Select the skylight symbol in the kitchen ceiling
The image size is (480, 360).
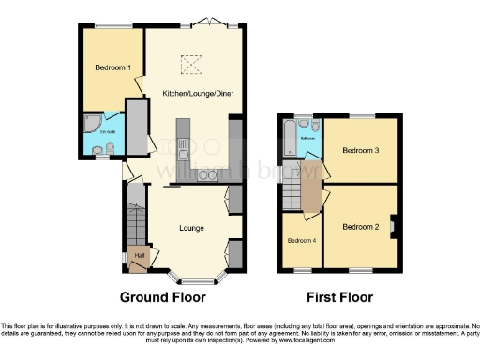coord(193,64)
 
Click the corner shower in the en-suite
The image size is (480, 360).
coord(92,127)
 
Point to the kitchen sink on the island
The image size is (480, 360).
coord(185,146)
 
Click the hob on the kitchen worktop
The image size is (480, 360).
coord(207,173)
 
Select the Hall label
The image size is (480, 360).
coord(140,254)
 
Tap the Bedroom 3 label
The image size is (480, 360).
coord(360,150)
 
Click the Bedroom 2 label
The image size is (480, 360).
coord(360,226)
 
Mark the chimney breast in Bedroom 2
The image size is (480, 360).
coord(395,225)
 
